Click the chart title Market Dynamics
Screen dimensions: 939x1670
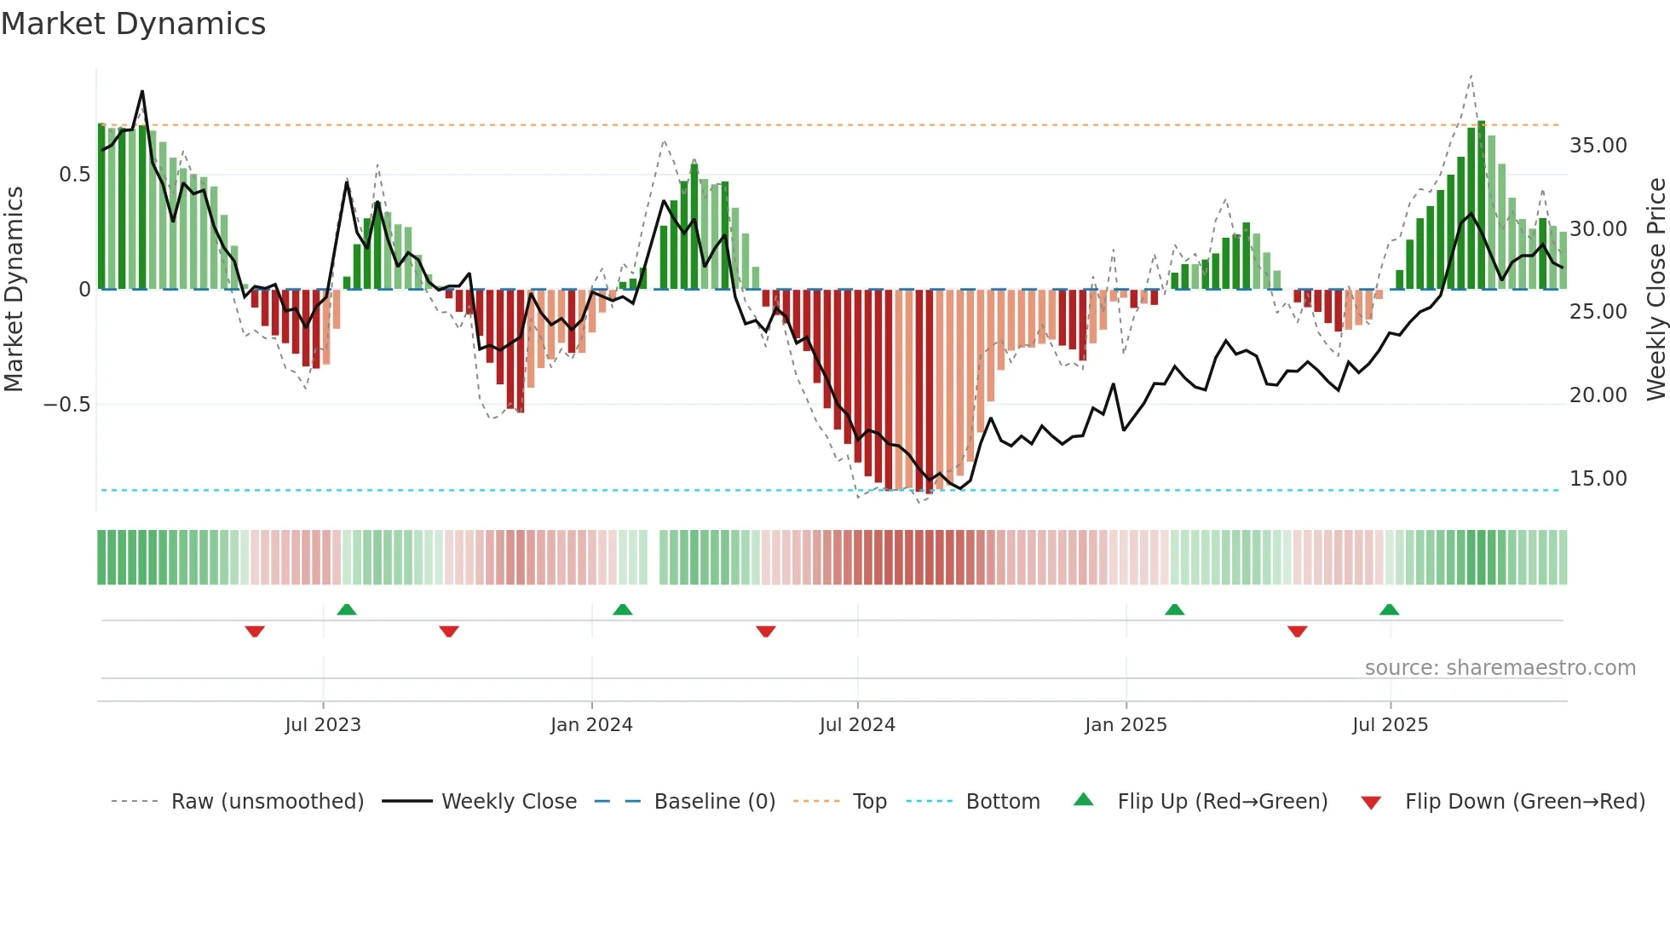134,24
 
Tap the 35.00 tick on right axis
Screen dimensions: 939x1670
1598,146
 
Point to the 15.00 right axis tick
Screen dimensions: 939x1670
1598,479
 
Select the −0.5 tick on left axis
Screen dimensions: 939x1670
66,405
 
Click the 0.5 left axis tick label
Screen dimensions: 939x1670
74,175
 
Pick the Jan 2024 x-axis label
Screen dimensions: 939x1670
591,725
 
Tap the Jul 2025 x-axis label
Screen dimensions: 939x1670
1390,725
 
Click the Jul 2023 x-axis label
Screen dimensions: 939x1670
323,725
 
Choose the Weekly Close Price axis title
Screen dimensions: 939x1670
1656,290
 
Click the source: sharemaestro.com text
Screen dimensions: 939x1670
1500,668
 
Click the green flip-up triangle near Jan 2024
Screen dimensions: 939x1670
623,609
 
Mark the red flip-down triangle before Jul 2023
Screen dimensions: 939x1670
255,631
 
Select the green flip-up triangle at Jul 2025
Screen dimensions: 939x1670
1389,609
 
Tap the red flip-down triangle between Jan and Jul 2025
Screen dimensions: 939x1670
1297,631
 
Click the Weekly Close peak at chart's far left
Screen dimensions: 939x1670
142,91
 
